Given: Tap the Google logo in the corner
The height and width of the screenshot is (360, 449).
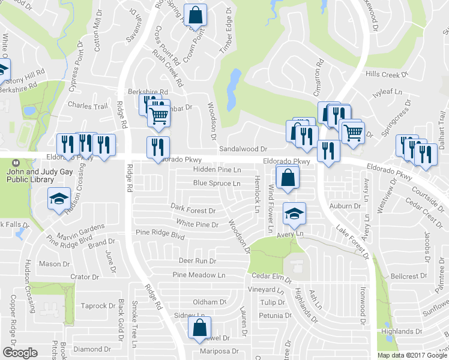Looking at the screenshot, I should point(20,353).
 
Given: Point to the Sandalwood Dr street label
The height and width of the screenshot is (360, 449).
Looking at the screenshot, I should point(243,149).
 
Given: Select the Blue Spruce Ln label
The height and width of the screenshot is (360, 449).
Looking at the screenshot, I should point(217,183).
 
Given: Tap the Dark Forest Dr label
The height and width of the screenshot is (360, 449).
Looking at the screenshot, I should point(193,211).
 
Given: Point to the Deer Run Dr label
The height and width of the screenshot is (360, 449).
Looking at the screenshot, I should point(197,261).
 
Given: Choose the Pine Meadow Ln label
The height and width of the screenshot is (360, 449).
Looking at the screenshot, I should point(199,275).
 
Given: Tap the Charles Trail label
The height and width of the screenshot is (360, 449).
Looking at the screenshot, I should point(88,106).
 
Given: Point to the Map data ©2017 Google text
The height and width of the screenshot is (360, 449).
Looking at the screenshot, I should point(412,355).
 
